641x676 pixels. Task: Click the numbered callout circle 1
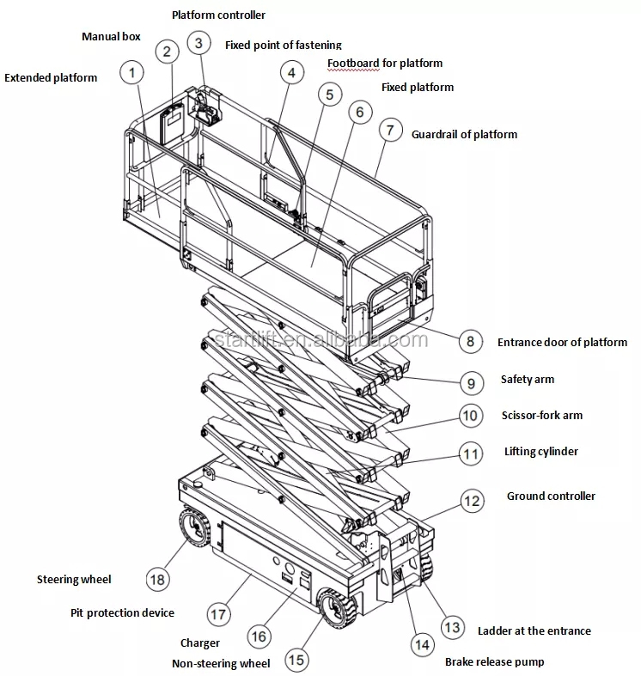click(x=132, y=73)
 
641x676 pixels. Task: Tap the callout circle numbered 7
click(x=390, y=131)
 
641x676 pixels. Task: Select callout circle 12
click(x=471, y=501)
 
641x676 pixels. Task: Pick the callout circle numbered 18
click(x=157, y=579)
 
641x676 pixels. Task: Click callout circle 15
click(x=295, y=660)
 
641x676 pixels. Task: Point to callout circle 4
click(x=291, y=73)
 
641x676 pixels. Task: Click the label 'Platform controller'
click(x=218, y=15)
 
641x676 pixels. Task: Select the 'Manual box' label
click(x=111, y=37)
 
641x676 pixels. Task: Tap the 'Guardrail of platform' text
click(x=464, y=134)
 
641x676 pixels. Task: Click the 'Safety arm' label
click(x=527, y=379)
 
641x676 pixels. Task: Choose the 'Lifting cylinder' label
click(x=540, y=451)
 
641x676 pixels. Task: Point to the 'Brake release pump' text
click(x=494, y=661)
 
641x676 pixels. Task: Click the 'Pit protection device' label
click(x=122, y=612)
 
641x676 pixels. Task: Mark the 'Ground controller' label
click(x=550, y=496)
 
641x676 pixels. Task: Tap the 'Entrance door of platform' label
click(x=562, y=342)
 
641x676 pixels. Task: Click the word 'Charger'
click(x=199, y=643)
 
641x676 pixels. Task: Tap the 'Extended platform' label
click(x=51, y=77)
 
